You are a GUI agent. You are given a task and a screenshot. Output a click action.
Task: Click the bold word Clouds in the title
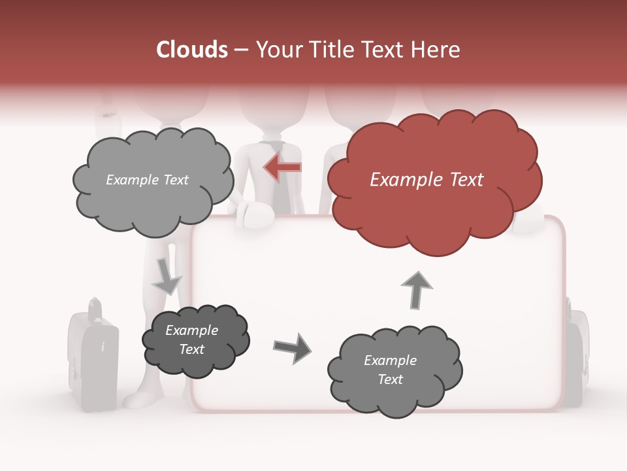[192, 50]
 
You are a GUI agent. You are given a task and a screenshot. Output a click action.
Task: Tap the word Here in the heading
[435, 50]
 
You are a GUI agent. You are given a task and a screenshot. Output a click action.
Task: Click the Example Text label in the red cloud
[426, 180]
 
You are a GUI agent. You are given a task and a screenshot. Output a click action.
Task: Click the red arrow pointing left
[283, 167]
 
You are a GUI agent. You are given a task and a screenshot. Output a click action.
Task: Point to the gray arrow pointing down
[167, 277]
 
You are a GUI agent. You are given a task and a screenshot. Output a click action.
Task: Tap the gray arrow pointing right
[292, 347]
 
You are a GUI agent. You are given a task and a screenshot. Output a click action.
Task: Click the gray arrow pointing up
[416, 290]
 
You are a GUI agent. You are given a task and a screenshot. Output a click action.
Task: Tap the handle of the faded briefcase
[95, 307]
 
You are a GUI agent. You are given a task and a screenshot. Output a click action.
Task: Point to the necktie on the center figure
[276, 183]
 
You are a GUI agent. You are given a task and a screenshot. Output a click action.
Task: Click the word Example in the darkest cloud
[191, 330]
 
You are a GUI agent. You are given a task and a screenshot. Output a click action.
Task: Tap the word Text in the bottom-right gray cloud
[390, 379]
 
